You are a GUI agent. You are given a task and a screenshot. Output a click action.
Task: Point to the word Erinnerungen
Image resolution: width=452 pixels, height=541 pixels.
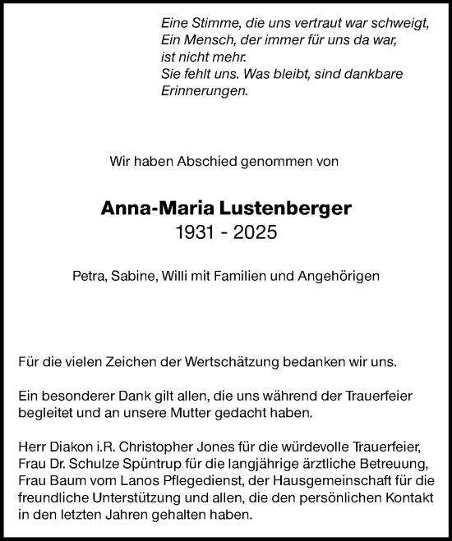pyautogui.click(x=204, y=92)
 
